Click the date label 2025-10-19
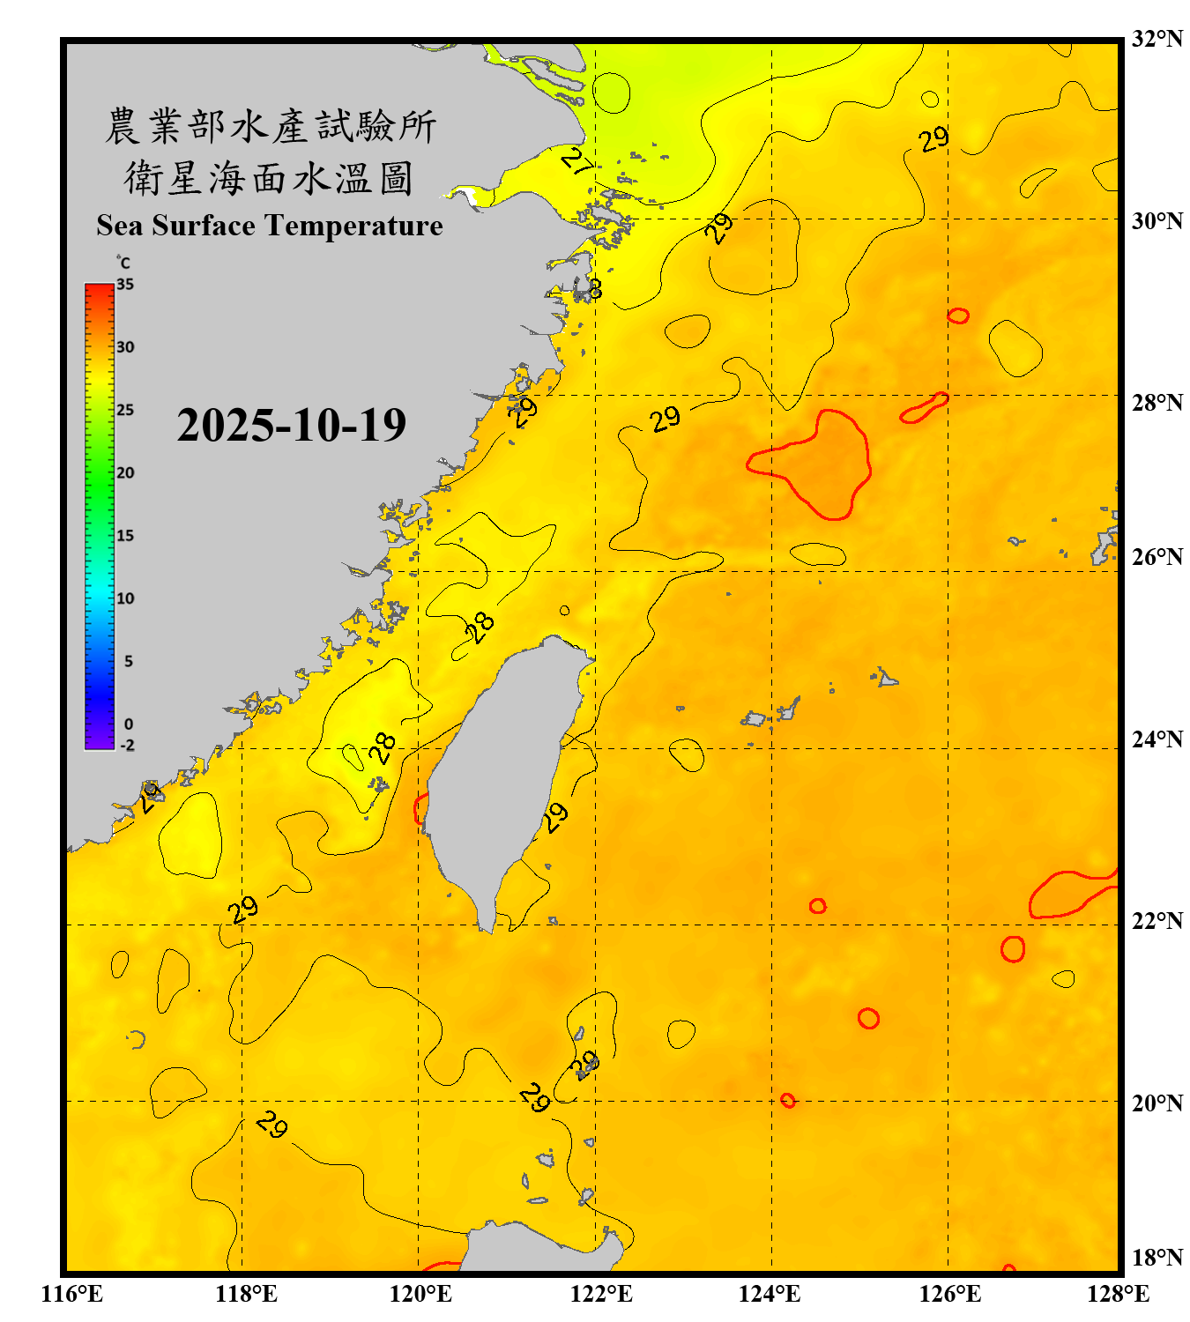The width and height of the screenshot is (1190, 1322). coord(291,425)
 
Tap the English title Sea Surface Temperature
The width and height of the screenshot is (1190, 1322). coord(269,226)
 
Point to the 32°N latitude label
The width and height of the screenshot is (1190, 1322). coord(1157,39)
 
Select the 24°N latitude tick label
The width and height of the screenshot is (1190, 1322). coord(1157,739)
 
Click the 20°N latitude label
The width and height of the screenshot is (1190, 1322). coord(1157,1103)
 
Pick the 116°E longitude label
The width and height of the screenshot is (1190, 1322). coord(72,1294)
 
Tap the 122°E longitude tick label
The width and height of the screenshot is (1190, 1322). coord(601,1294)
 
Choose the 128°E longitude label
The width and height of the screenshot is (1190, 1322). coord(1118,1294)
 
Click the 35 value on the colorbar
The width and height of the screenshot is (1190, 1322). coord(125,285)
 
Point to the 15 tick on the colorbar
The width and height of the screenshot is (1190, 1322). coord(125,536)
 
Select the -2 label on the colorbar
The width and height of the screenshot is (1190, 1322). coord(127,746)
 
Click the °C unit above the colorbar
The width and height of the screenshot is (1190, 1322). coord(123,263)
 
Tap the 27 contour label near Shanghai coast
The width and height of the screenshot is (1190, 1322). coord(577,161)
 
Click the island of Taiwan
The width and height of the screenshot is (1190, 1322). coord(502,776)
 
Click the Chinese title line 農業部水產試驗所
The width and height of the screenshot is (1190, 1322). coord(270,126)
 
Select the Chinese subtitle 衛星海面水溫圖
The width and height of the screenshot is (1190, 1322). coord(269,178)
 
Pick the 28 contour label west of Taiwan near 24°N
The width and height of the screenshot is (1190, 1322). coord(383,747)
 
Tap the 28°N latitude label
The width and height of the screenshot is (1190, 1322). coord(1157,403)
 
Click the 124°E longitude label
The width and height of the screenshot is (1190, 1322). coord(770,1294)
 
